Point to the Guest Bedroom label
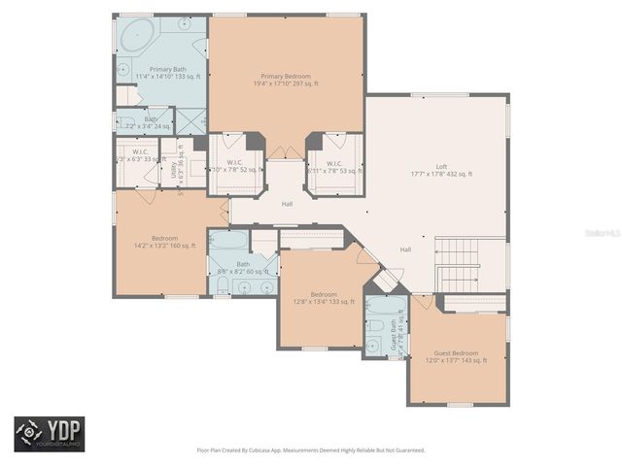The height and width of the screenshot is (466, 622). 457,355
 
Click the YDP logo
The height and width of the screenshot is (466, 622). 49,434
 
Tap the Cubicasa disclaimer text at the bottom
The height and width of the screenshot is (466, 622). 311,449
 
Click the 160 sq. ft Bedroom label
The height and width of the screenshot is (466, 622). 164,242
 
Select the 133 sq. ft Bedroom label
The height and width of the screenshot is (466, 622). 324,298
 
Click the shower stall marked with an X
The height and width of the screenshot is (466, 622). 193,120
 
